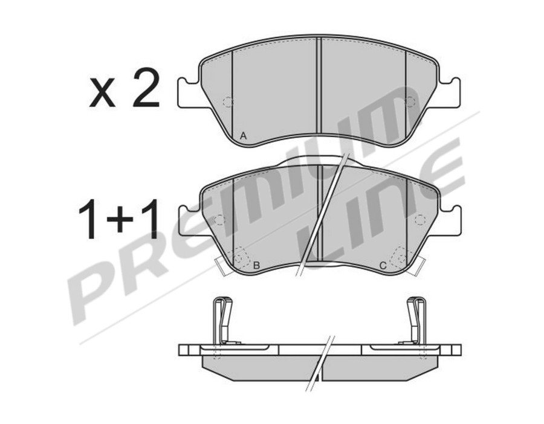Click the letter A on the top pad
[243, 136]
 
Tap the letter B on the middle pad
[256, 266]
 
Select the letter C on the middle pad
[383, 266]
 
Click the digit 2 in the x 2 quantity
[146, 88]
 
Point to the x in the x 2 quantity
[102, 93]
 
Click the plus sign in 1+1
[120, 219]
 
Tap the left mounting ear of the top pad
[189, 92]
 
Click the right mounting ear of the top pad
[449, 92]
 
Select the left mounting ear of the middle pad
[190, 220]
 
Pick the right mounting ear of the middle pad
[450, 220]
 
